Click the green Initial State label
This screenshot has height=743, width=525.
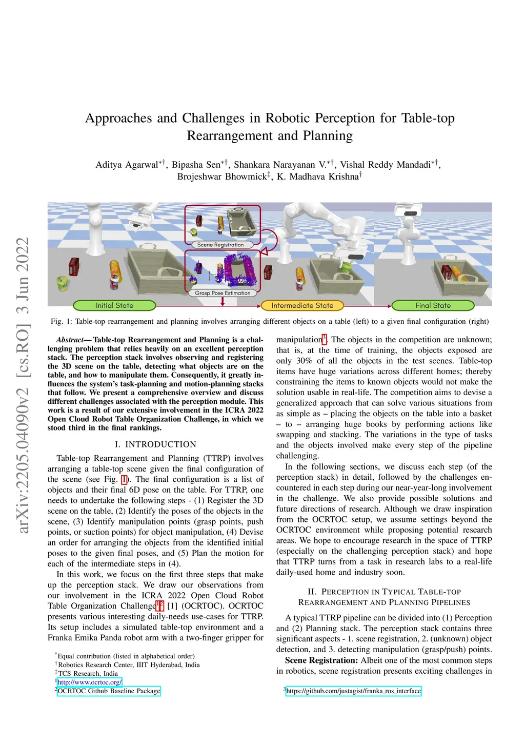114,306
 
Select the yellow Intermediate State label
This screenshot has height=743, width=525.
302,306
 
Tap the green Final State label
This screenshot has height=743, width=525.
433,306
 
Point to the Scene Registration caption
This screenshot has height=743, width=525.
220,245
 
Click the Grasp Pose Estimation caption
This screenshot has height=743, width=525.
223,293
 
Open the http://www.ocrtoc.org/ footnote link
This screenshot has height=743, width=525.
89,682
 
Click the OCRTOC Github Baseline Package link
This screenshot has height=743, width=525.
109,691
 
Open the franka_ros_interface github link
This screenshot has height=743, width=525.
353,691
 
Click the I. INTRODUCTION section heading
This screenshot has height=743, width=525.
155,444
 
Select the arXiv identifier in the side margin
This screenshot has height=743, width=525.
24,385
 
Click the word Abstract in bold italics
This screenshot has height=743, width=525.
70,340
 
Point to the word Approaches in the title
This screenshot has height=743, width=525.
118,119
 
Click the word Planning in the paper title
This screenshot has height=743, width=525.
328,136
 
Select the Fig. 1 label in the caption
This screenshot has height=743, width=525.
62,322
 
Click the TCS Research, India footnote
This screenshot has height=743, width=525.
88,673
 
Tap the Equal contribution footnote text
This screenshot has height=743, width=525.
126,656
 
